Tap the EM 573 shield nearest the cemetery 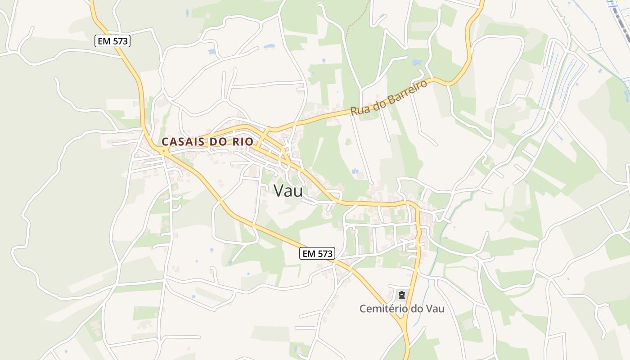pos(317,253)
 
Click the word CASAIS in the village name pos(182,141)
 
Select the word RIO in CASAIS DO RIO pos(243,141)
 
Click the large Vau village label pos(288,190)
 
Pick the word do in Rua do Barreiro pos(379,102)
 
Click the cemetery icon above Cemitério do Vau pos(401,295)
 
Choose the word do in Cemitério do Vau pos(415,309)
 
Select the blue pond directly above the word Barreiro pos(417,62)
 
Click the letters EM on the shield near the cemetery pos(309,253)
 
